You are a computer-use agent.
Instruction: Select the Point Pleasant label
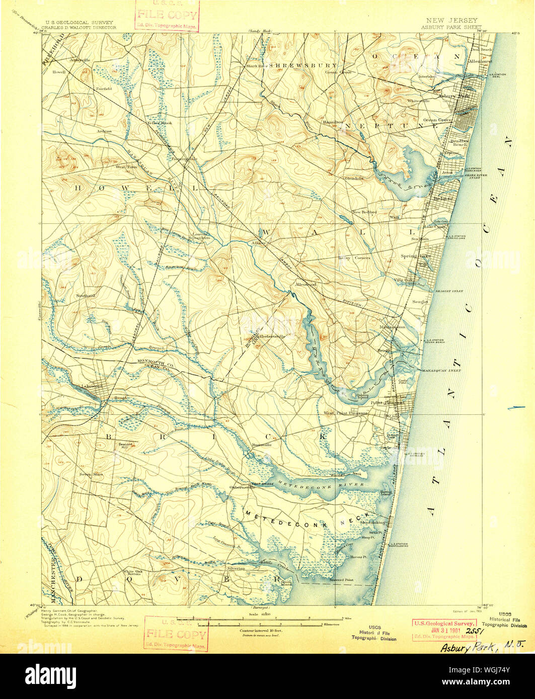click(388, 402)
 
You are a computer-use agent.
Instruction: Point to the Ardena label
click(105, 131)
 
